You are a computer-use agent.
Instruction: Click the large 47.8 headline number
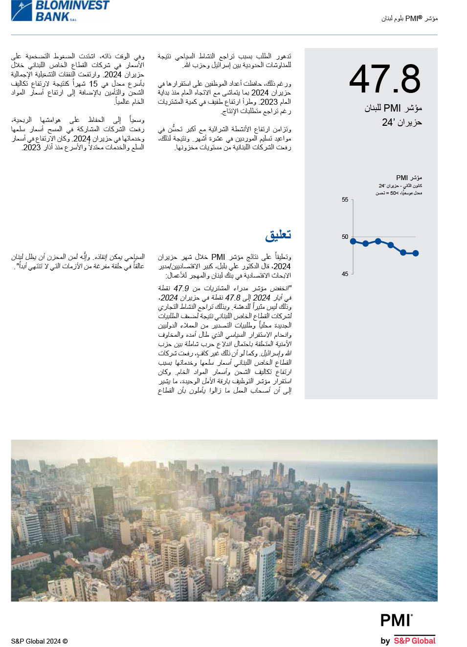[385, 79]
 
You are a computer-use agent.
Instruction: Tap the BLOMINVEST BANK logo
[61, 11]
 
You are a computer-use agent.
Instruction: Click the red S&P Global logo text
[414, 641]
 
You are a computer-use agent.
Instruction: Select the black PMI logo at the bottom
[396, 621]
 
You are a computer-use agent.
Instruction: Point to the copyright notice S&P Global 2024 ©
[40, 641]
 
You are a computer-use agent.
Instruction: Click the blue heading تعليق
[278, 235]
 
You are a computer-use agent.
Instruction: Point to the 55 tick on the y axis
[345, 200]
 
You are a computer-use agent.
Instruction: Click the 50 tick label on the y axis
[345, 237]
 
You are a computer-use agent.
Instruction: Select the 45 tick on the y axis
[345, 274]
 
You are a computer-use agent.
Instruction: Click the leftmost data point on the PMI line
[353, 241]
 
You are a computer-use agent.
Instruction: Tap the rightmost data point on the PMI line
[416, 253]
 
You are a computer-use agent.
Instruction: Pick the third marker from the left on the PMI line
[378, 241]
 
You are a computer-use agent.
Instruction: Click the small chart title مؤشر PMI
[409, 178]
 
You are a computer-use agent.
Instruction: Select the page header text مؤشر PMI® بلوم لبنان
[409, 19]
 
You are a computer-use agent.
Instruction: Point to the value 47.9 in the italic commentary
[181, 288]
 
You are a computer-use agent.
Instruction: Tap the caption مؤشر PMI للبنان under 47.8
[393, 108]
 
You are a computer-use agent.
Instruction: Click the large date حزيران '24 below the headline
[401, 122]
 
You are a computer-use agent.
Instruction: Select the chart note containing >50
[399, 193]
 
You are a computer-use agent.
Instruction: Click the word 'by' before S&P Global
[385, 641]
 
